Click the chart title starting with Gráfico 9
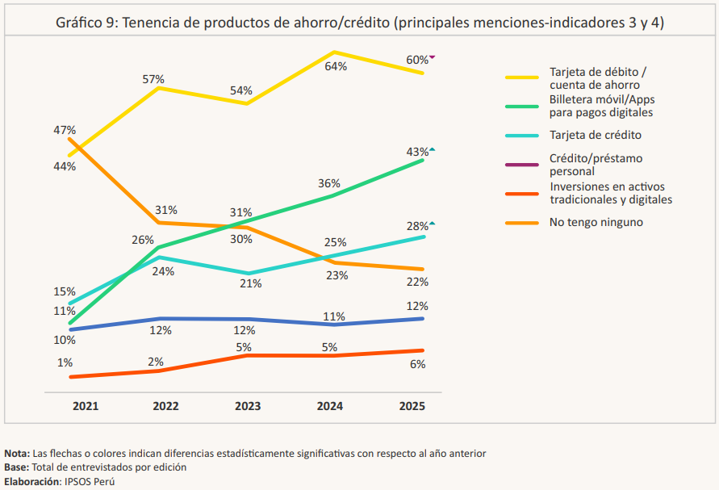359,23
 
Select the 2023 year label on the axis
248,405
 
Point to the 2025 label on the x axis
412,405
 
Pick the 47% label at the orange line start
65,130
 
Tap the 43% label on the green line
417,152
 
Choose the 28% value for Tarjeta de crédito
417,226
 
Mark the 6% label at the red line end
417,364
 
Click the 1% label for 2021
65,362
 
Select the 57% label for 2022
153,79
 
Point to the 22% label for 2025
417,282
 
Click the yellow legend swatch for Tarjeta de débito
521,77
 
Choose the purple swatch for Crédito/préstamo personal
521,165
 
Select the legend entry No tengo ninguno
596,222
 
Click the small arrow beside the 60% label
433,57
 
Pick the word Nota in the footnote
16,454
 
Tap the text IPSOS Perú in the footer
89,481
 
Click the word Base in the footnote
16,467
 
